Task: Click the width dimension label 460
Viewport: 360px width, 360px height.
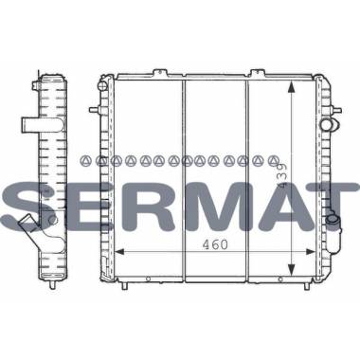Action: coord(215,244)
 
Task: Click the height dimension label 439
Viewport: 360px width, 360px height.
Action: coord(282,176)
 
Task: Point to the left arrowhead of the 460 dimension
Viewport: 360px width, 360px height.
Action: coord(118,251)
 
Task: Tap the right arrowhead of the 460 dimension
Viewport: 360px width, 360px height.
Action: coord(311,251)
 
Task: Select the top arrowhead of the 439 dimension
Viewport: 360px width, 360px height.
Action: coord(291,86)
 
